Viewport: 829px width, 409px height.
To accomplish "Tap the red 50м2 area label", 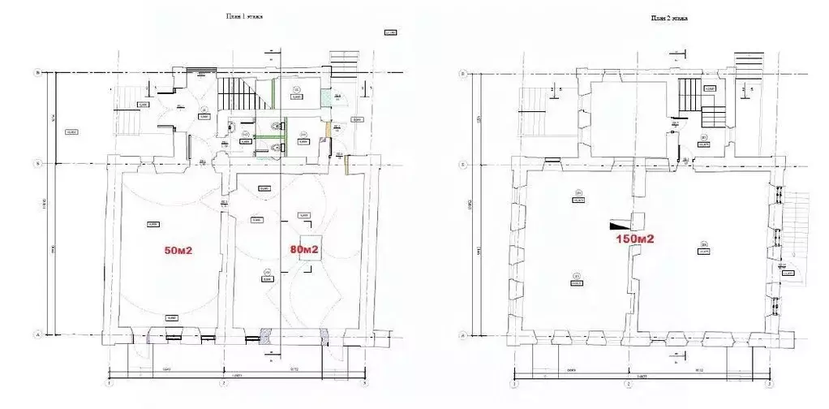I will pos(178,251).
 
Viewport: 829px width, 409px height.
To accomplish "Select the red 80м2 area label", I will pos(304,249).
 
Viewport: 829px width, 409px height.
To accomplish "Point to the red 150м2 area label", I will pos(634,239).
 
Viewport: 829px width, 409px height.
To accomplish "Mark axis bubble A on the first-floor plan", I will pos(37,334).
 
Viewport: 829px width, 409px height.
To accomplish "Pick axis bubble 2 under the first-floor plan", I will pos(224,384).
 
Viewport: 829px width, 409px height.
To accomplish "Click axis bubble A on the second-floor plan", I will pos(462,334).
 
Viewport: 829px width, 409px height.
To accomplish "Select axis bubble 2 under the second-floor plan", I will pos(627,384).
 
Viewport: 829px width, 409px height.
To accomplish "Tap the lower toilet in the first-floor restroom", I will pos(281,148).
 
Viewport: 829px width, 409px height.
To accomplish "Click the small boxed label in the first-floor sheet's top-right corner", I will pos(389,33).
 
